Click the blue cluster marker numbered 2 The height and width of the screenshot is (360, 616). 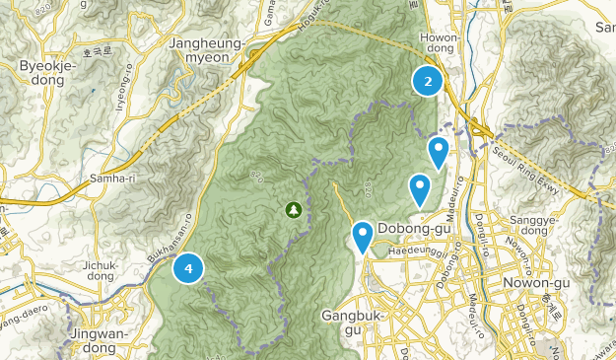point(428,82)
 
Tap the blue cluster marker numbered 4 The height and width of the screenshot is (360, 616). point(188,267)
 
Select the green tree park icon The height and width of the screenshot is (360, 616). point(293,209)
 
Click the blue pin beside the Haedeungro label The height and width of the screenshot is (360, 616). point(363,235)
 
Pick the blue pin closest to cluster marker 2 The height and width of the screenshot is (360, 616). point(438,151)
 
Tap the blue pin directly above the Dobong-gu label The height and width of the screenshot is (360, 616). point(420,186)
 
